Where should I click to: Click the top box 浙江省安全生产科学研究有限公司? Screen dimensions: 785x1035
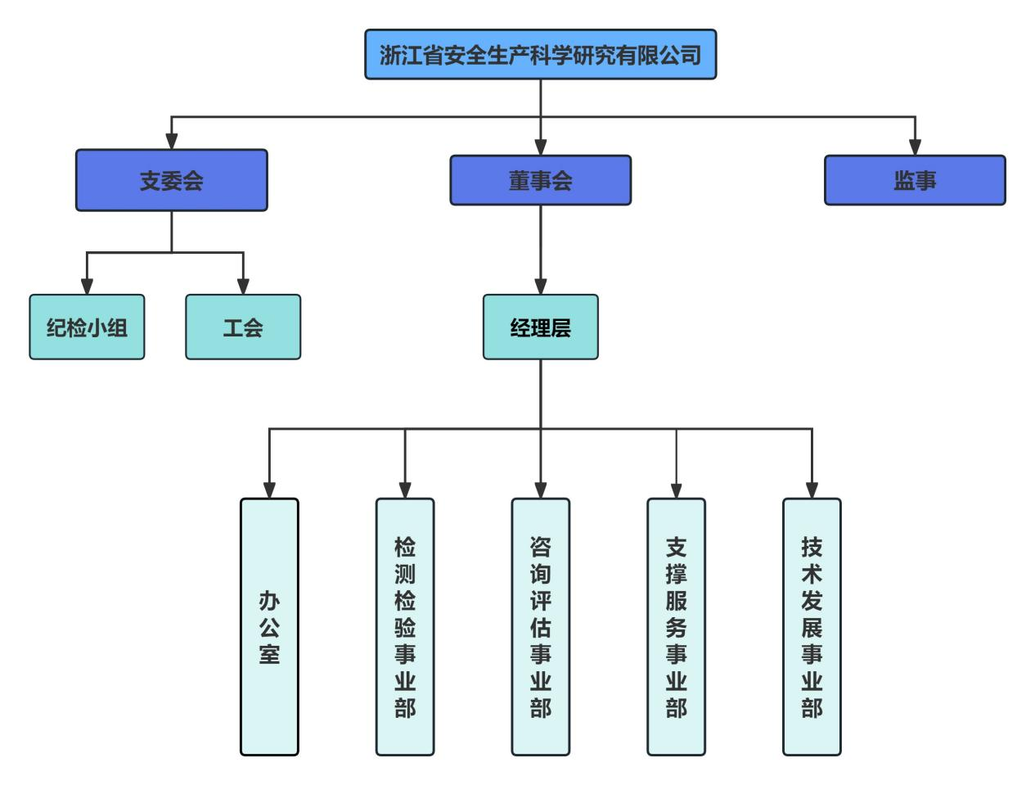pyautogui.click(x=540, y=55)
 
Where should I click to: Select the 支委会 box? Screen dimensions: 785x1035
pyautogui.click(x=171, y=180)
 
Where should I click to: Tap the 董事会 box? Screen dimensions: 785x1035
pyautogui.click(x=540, y=180)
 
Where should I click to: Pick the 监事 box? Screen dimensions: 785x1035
pyautogui.click(x=914, y=180)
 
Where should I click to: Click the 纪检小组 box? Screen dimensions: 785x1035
pyautogui.click(x=87, y=327)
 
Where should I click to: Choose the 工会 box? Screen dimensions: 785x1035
pyautogui.click(x=243, y=327)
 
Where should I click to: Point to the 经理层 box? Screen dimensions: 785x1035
pyautogui.click(x=540, y=327)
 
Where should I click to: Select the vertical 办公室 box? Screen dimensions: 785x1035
pyautogui.click(x=269, y=626)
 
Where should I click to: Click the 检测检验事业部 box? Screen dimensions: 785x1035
pyautogui.click(x=405, y=626)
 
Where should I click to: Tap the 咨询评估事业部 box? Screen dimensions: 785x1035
pyautogui.click(x=540, y=626)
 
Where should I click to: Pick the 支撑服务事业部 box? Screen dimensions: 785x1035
pyautogui.click(x=676, y=626)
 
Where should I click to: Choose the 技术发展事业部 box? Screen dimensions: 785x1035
pyautogui.click(x=812, y=626)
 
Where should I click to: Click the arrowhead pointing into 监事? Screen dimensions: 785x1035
pyautogui.click(x=915, y=147)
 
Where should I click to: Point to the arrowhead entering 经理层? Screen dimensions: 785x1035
pyautogui.click(x=540, y=286)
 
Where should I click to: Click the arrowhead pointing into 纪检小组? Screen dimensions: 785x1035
pyautogui.click(x=87, y=286)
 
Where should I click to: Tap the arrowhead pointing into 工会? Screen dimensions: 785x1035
pyautogui.click(x=243, y=286)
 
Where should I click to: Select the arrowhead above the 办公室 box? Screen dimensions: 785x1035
pyautogui.click(x=269, y=489)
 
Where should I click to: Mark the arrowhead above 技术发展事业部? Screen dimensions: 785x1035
pyautogui.click(x=812, y=489)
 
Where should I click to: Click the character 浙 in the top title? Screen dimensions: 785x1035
pyautogui.click(x=389, y=56)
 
